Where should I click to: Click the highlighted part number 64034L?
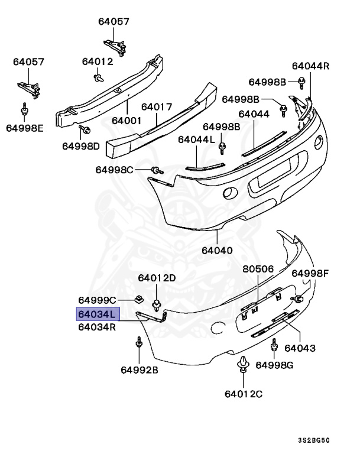coord(98,314)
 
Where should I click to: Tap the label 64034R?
coord(97,326)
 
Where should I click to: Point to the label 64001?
coord(128,120)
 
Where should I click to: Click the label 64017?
coord(157,107)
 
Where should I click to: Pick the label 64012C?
coord(243,394)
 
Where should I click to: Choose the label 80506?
coord(258,269)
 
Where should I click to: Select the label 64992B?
coord(140,370)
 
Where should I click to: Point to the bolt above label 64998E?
coord(25,110)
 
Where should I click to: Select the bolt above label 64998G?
coord(274,345)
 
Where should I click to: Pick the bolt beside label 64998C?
coord(156,170)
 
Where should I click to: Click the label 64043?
coord(300,348)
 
